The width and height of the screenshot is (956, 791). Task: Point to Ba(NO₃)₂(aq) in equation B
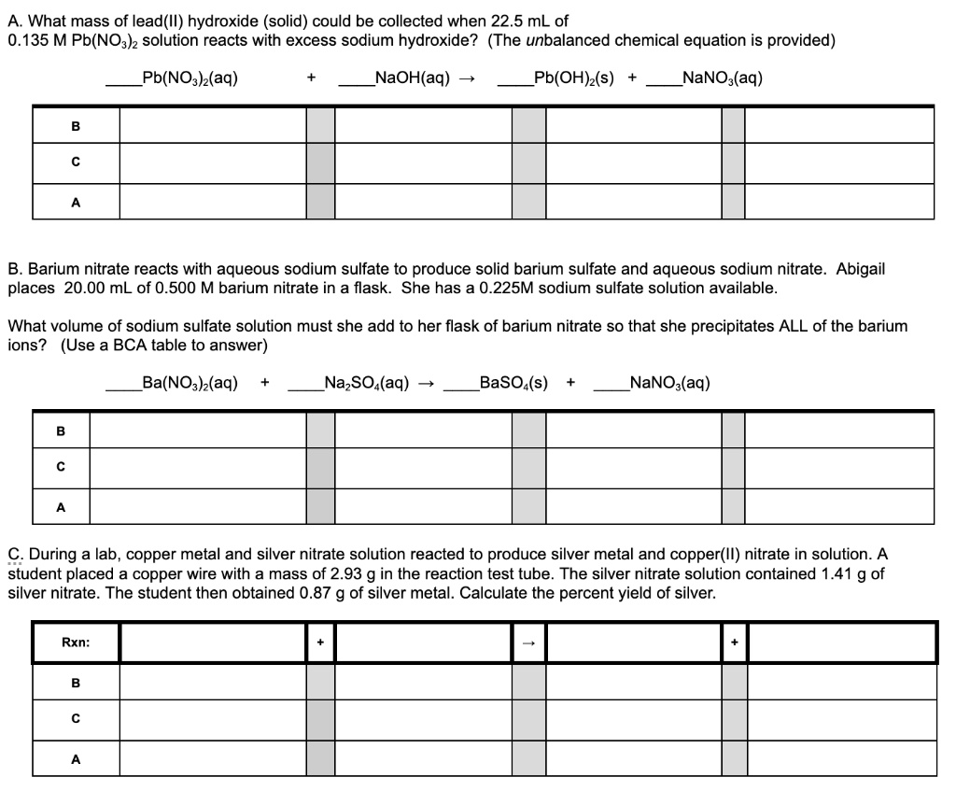click(190, 382)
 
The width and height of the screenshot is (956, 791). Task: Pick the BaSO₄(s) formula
click(513, 382)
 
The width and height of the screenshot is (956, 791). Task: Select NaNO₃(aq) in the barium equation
click(670, 382)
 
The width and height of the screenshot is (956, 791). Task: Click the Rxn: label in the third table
click(77, 643)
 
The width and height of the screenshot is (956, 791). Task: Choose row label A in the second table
click(62, 507)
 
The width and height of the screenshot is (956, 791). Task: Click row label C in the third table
click(77, 719)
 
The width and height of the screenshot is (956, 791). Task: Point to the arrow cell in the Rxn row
click(528, 643)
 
